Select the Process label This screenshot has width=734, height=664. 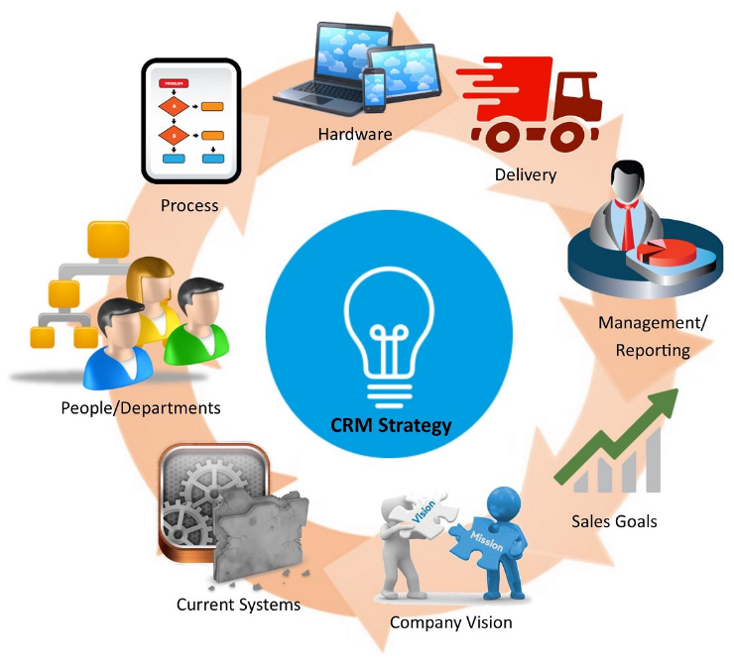point(189,206)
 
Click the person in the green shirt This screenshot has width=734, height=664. point(195,327)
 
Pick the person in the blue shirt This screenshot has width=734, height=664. point(123,347)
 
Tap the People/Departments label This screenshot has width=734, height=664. point(141,408)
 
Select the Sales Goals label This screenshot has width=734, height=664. point(614,520)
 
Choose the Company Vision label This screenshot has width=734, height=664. point(451,622)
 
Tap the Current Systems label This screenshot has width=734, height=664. point(238,604)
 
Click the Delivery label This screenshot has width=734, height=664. point(526,175)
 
